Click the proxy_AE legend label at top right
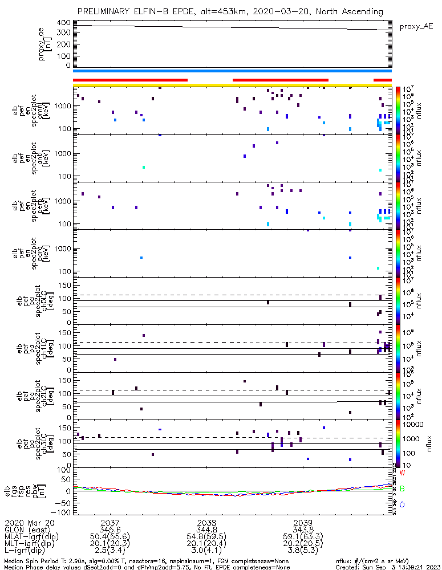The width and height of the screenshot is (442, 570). click(x=416, y=26)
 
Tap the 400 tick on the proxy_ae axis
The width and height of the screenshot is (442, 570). click(x=63, y=23)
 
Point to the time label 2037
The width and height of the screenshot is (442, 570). click(x=110, y=523)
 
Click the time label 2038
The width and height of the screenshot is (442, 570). click(x=206, y=523)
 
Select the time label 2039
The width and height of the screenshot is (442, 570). click(x=302, y=523)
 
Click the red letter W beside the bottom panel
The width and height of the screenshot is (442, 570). click(x=402, y=473)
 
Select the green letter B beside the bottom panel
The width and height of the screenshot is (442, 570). click(x=402, y=489)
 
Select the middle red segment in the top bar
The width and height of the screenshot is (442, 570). click(x=281, y=80)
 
